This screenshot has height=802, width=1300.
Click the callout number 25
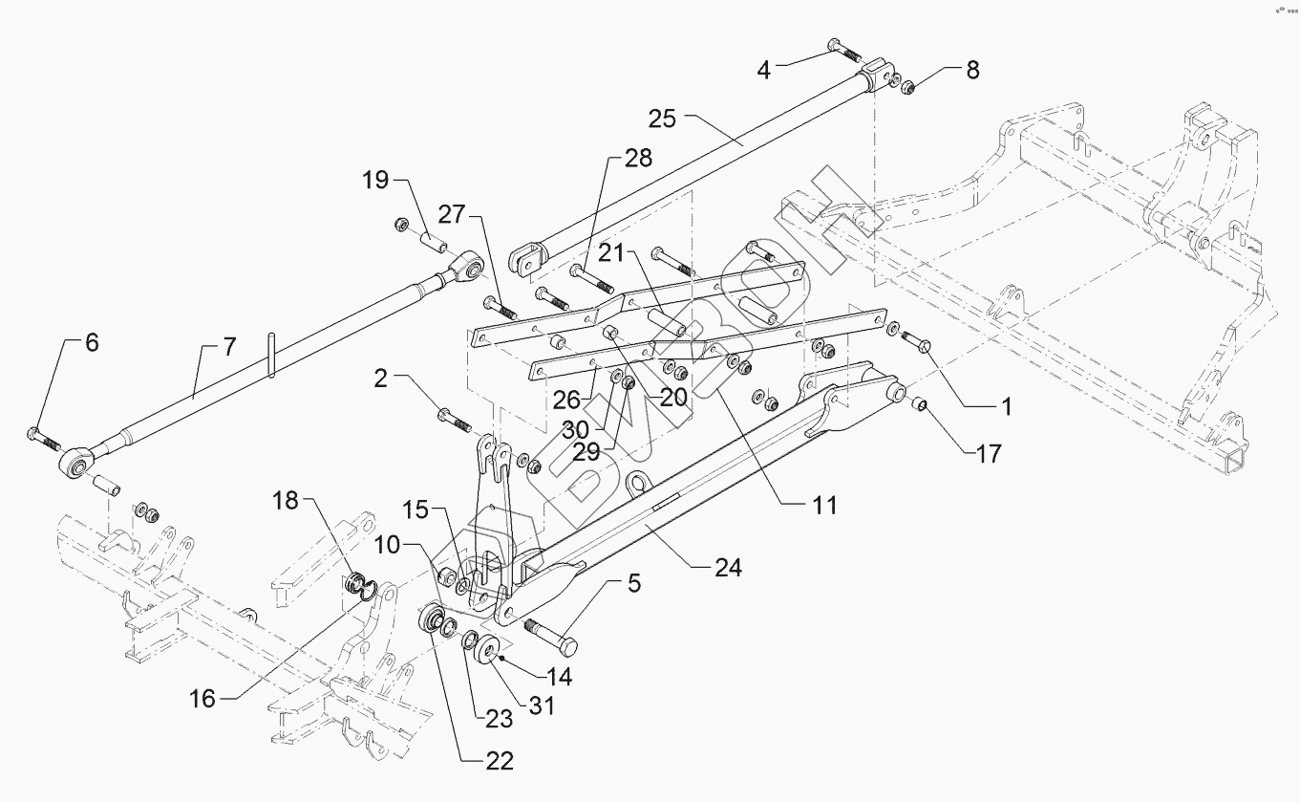[662, 119]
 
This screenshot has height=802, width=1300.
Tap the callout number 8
[972, 70]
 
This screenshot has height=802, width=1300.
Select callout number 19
[375, 180]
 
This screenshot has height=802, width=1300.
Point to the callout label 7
[230, 347]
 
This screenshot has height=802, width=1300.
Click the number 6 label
[93, 342]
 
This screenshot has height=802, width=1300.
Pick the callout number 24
[728, 568]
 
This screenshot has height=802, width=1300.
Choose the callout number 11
[824, 506]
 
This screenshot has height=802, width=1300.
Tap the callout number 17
[989, 454]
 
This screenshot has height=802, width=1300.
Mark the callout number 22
[501, 761]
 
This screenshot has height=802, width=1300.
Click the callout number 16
[202, 699]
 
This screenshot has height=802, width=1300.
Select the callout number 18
[285, 501]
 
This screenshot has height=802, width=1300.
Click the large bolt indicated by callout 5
[551, 637]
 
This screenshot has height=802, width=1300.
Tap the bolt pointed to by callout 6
[44, 439]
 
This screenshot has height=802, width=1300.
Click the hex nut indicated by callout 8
[908, 88]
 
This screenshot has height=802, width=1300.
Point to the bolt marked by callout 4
[844, 51]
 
